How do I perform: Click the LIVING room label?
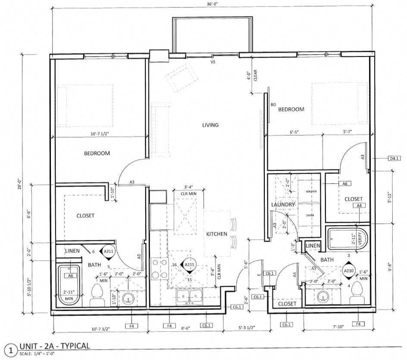click(211, 125)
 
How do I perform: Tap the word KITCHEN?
click(216, 234)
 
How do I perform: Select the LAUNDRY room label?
click(283, 205)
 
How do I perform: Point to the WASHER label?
click(311, 191)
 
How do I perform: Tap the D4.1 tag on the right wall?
click(394, 159)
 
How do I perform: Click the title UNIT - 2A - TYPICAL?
click(54, 346)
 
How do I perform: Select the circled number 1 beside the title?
click(9, 349)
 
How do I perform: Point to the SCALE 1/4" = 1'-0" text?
click(40, 355)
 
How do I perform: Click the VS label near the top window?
click(212, 62)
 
